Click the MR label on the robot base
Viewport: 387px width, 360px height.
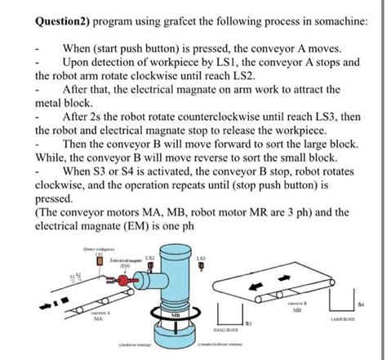click(x=175, y=313)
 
